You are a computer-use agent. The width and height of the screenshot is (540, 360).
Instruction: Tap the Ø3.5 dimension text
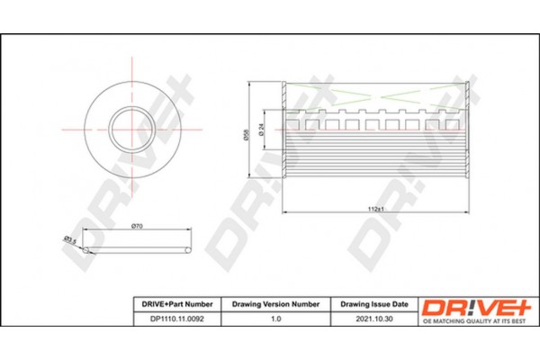point(67,238)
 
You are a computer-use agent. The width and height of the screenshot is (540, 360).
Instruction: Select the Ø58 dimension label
point(247,135)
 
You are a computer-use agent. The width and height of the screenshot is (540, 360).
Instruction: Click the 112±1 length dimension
point(377,209)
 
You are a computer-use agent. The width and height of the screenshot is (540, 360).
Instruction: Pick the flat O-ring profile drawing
point(135,249)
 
